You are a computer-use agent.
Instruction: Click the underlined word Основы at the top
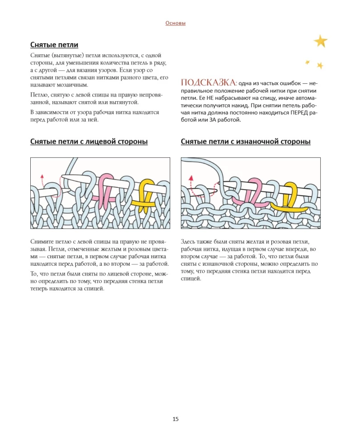tap(175, 23)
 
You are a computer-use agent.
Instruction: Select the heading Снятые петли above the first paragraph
tap(54, 45)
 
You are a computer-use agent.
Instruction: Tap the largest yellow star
tap(320, 41)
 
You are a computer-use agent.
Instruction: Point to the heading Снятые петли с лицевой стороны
tap(89, 142)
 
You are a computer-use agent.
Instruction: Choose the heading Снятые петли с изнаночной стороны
tap(245, 142)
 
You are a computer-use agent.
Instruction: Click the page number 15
tap(175, 419)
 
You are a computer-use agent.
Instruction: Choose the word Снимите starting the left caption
tap(43, 241)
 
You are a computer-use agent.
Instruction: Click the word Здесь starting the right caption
tap(190, 241)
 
